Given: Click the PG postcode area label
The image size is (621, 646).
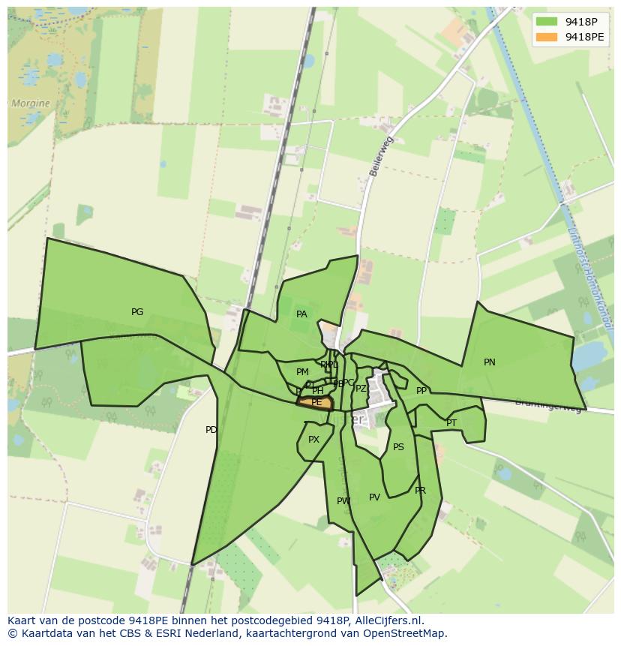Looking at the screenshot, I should tap(137, 312).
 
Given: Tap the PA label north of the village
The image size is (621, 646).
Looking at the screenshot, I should tap(301, 314).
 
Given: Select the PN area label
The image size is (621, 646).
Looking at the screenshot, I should tap(490, 362).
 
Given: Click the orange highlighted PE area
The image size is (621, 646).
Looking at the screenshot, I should tap(316, 403).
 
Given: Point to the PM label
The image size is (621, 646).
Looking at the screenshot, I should tap(302, 372).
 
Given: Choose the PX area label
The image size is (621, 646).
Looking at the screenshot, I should tap(313, 440).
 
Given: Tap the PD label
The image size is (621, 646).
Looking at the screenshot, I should tap(211, 430).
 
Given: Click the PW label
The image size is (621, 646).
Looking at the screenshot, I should tap(343, 501).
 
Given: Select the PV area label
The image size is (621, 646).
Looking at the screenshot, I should tap(375, 497).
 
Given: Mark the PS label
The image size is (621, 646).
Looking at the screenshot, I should tap(398, 447).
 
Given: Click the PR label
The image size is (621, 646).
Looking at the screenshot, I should tap(420, 491).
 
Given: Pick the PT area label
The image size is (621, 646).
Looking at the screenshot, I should tap(451, 423).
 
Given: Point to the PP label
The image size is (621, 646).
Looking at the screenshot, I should tap(421, 391).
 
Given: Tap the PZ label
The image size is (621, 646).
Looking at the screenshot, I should tap(361, 389).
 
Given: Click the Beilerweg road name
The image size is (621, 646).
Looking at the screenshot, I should tap(381, 156).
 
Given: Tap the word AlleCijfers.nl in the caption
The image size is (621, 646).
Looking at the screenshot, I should tap(389, 620).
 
